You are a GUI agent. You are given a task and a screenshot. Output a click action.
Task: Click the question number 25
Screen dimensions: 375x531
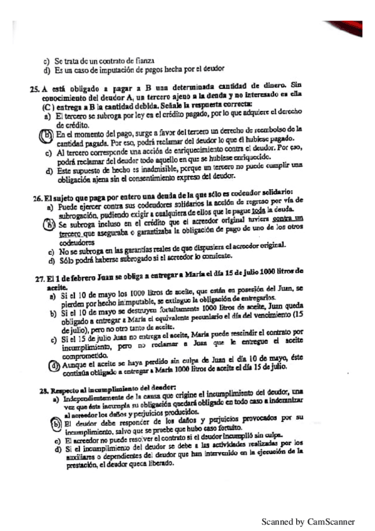(34, 88)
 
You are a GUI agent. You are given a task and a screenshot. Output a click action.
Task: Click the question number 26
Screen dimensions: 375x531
(38, 198)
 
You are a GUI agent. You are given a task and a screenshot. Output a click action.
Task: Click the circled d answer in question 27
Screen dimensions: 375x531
(55, 366)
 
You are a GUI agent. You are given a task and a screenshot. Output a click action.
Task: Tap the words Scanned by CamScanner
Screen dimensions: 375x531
(307, 521)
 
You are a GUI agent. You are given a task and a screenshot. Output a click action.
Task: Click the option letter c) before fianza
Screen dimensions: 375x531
(46, 61)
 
